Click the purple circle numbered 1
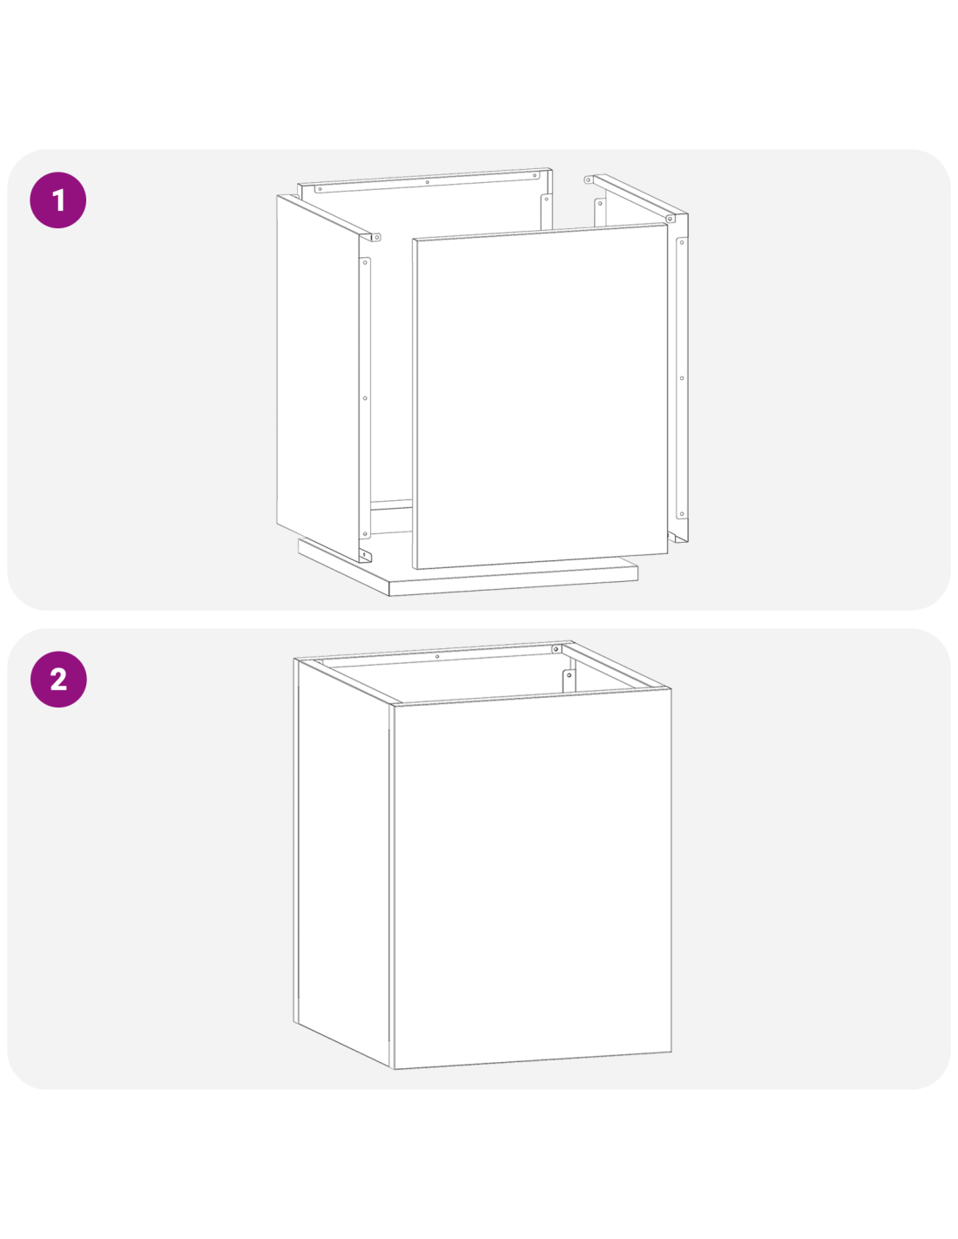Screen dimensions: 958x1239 [57, 200]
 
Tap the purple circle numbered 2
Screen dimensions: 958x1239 [58, 679]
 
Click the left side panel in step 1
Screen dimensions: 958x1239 [317, 376]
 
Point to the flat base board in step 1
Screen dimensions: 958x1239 [468, 573]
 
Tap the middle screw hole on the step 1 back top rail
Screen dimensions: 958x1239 [427, 182]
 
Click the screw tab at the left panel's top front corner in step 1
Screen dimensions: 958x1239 [375, 237]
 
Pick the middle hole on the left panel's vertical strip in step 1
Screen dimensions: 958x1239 [365, 398]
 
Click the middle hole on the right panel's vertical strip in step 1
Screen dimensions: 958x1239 [681, 378]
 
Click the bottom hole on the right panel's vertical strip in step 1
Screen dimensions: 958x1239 [681, 514]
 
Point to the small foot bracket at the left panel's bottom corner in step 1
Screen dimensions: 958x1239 [365, 555]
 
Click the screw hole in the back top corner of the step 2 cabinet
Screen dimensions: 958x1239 [555, 649]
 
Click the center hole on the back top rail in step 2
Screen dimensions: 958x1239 [437, 657]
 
